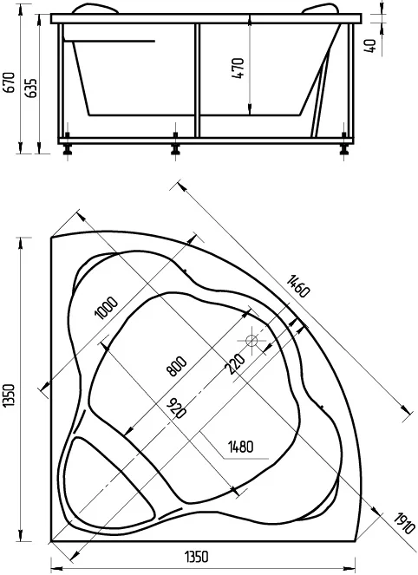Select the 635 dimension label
click(x=32, y=88)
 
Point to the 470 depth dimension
click(x=238, y=69)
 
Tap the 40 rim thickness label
click(x=370, y=46)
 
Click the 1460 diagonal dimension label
click(x=298, y=286)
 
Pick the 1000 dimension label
click(x=107, y=307)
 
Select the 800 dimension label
click(x=176, y=366)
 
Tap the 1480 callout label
click(x=240, y=447)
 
